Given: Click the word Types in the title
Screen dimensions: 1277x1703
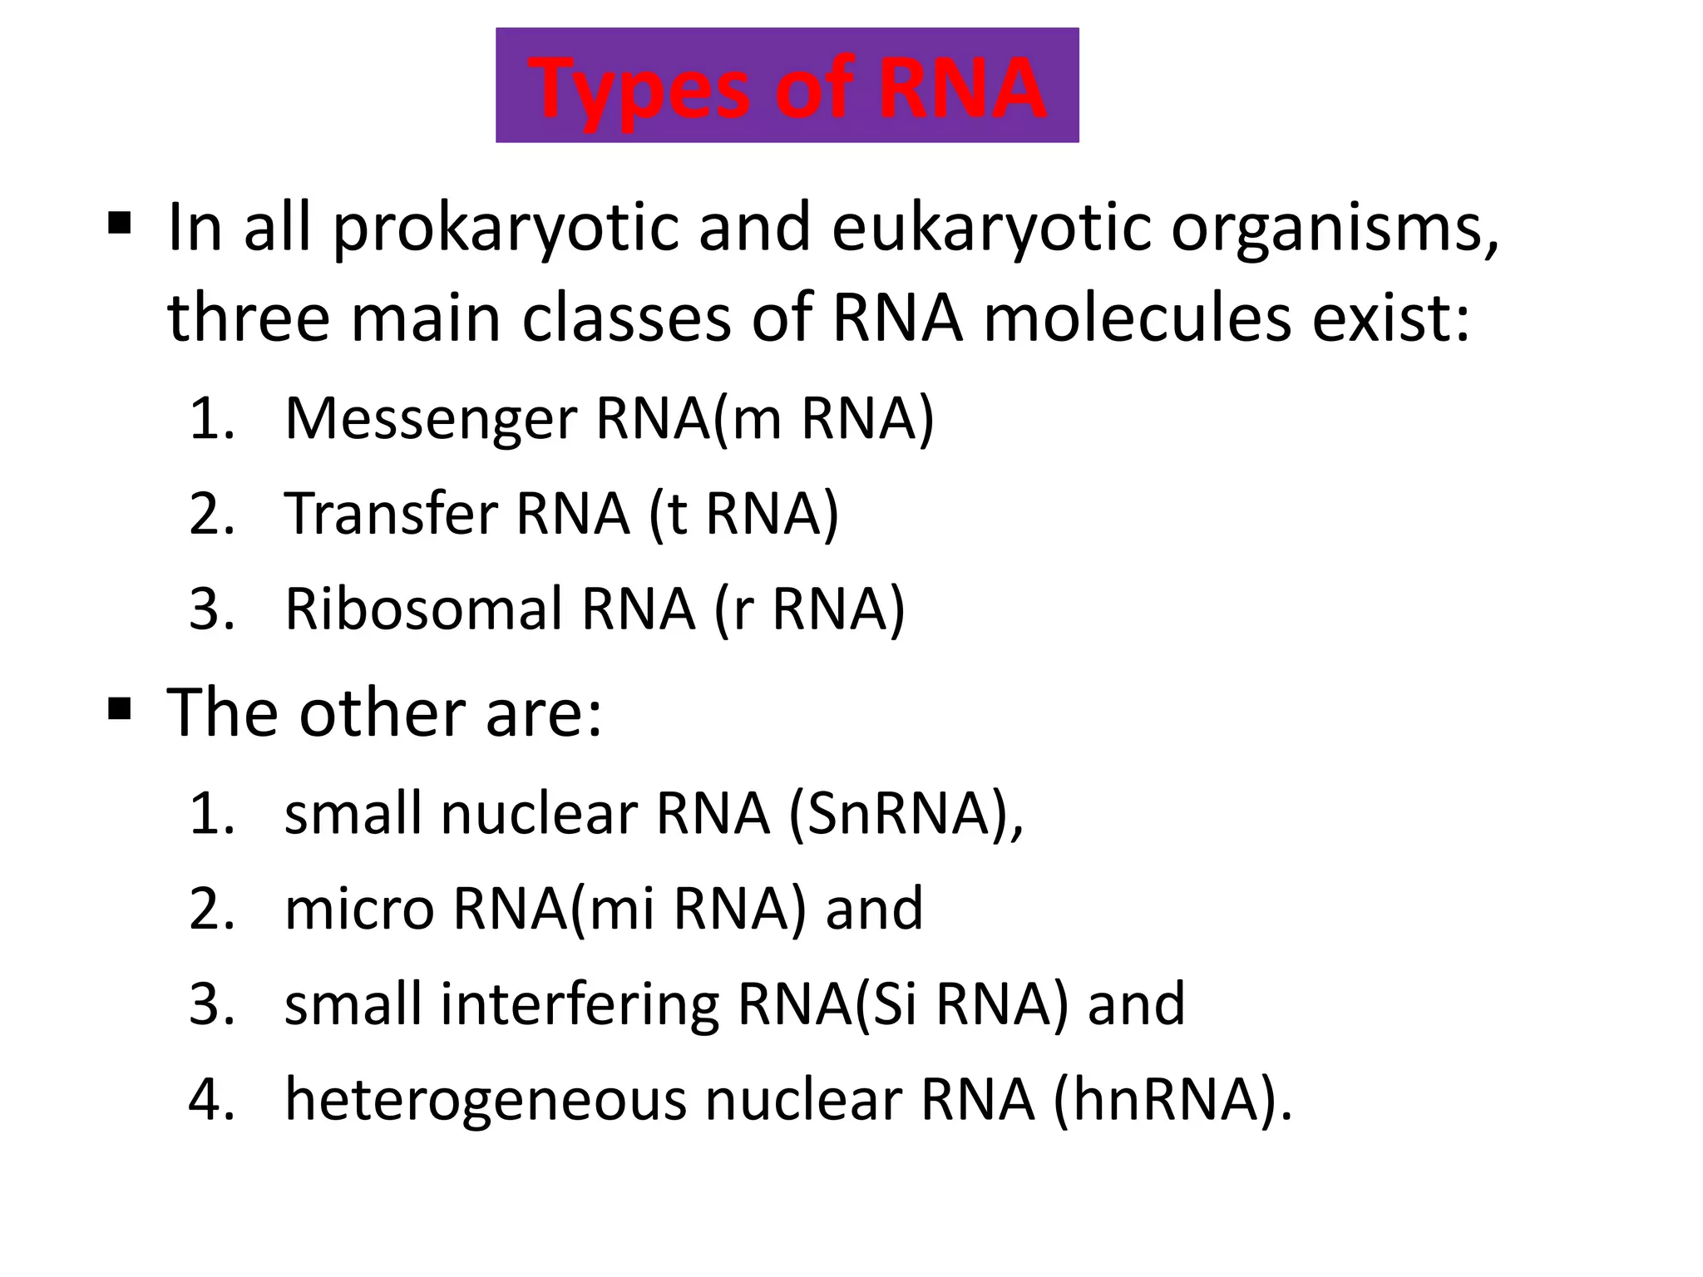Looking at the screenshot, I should (x=643, y=89).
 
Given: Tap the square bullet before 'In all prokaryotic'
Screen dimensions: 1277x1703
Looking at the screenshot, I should (x=120, y=223).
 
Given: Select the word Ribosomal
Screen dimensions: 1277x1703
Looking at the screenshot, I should (x=422, y=609).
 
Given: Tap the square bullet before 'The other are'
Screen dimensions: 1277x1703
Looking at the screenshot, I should (x=120, y=709).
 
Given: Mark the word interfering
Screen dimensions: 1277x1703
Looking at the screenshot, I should (x=580, y=1003).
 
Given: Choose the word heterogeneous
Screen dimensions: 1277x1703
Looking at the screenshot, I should (x=486, y=1100).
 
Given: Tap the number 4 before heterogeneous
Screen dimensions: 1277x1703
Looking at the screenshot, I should (x=206, y=1099).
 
